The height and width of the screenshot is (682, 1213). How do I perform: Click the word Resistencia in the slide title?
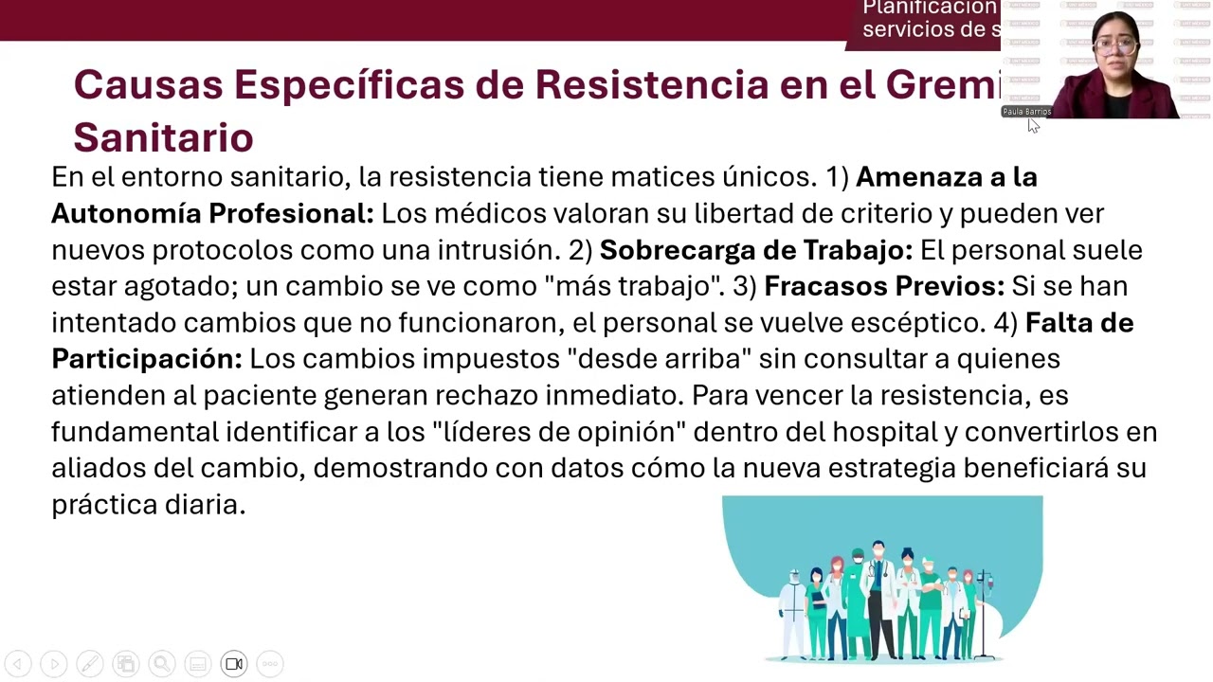(651, 85)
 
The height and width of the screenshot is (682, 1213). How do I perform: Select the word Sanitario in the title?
(163, 138)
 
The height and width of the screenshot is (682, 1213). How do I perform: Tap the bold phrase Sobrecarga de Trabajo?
(755, 250)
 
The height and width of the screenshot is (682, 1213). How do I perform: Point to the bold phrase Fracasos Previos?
(883, 286)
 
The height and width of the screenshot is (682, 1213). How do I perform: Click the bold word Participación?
(147, 359)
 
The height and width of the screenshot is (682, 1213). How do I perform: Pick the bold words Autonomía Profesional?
(212, 213)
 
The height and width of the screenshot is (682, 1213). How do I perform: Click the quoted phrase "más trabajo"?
(641, 286)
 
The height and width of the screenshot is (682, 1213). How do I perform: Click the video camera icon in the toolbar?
(234, 664)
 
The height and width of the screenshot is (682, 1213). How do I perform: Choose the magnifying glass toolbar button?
(162, 664)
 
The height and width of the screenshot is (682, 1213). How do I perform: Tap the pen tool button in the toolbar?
(90, 664)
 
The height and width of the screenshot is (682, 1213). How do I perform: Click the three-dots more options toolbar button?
(270, 664)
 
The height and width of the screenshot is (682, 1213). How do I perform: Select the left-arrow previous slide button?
(18, 664)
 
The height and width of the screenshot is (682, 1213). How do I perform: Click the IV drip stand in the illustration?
(987, 611)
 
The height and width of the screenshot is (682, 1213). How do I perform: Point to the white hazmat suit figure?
(791, 611)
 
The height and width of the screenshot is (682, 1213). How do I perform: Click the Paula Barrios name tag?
(1026, 112)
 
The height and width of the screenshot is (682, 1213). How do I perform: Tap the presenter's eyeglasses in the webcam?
(1114, 45)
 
